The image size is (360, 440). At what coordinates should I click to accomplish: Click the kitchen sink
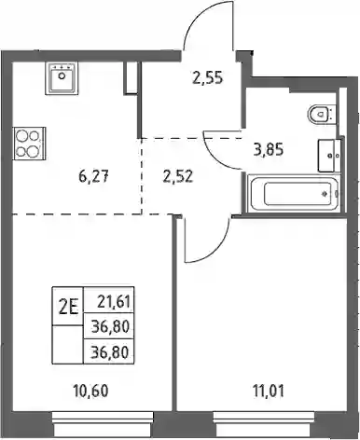pos(63,78)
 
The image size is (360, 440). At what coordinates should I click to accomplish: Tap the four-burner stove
pos(29,144)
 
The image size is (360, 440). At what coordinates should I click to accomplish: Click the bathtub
pos(295,193)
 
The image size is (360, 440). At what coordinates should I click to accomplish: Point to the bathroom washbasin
pos(329,155)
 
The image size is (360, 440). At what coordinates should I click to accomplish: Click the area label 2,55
pos(208,77)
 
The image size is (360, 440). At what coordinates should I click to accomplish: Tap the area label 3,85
pos(269,150)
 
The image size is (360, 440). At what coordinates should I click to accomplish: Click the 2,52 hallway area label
pos(177,177)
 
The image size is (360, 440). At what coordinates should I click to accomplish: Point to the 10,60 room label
pos(90,392)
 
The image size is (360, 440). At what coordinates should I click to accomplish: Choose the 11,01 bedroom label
pos(268,392)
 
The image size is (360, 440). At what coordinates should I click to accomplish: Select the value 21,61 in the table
pos(113,302)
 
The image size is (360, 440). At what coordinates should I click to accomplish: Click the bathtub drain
pos(325,194)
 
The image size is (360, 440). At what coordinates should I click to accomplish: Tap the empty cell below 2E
pos(68,344)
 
